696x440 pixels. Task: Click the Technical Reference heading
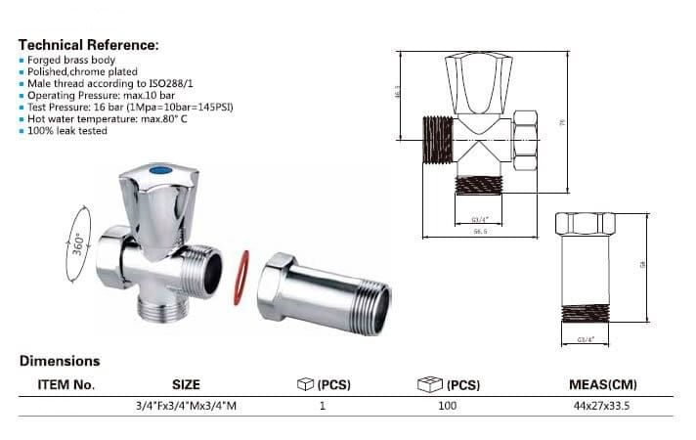point(88,45)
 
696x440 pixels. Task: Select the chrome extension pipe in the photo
point(327,292)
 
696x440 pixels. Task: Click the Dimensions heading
point(60,361)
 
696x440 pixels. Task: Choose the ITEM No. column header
point(65,384)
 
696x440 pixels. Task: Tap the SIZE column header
point(186,384)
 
